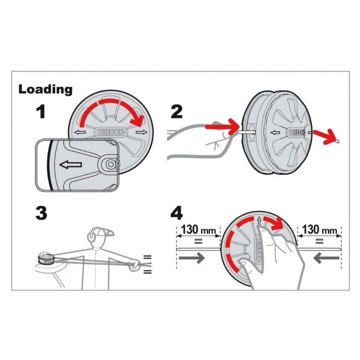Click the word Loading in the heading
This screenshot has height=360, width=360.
pos(45,89)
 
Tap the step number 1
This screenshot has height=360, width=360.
pos(40,111)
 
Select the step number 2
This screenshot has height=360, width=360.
pos(176,111)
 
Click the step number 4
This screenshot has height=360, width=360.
pos(176,213)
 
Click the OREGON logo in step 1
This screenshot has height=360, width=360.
pos(110,132)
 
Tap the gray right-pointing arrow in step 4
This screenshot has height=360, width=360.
pos(191,259)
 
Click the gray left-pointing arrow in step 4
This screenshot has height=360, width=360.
pos(326,259)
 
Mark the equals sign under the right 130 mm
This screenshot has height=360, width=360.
pos(319,241)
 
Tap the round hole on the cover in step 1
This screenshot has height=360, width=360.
pos(109,163)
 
